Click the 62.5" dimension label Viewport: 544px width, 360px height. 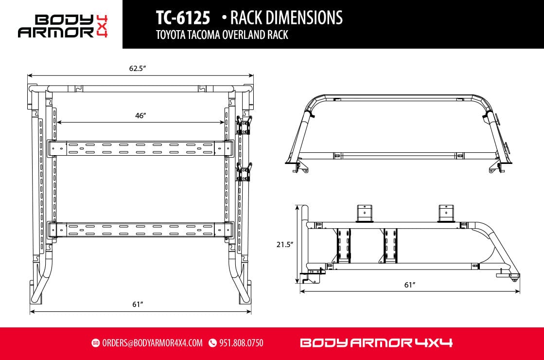click(138, 69)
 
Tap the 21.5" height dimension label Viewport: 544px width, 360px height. click(285, 245)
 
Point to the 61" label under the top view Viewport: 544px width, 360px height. click(138, 304)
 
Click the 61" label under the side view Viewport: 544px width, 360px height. click(410, 285)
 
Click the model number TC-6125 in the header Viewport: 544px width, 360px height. click(183, 18)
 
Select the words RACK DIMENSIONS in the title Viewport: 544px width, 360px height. click(286, 18)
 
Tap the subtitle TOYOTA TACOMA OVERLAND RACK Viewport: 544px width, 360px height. click(222, 36)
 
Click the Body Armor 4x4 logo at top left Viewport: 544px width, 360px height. click(63, 26)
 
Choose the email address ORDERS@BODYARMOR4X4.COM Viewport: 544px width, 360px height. click(152, 343)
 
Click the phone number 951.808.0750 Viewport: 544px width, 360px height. click(241, 343)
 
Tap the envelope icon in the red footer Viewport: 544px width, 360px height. click(95, 343)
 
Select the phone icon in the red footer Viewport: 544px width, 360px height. click(212, 343)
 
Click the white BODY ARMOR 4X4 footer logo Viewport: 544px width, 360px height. click(376, 343)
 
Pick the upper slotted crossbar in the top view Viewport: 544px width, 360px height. click(141, 148)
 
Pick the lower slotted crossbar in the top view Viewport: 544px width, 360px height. click(141, 229)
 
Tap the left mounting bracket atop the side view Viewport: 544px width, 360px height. click(363, 213)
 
